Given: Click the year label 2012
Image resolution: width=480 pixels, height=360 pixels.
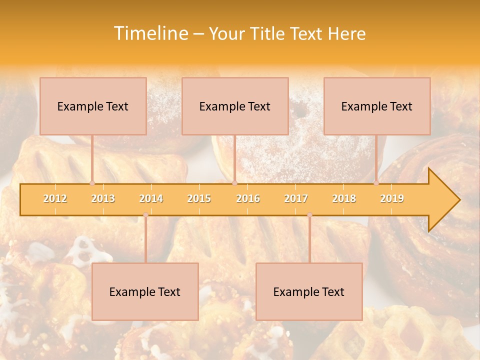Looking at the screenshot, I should (x=55, y=198).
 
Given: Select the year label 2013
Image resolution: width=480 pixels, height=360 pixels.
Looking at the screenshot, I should (x=103, y=198).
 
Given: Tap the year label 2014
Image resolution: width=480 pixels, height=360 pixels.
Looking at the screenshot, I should (x=151, y=198).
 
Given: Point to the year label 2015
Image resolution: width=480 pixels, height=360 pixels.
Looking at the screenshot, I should (x=199, y=198).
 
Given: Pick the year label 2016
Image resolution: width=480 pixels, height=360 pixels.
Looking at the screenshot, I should (x=248, y=198).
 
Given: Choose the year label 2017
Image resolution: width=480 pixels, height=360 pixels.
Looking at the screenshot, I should (x=296, y=198).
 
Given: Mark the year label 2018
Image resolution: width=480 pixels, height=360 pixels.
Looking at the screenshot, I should (x=344, y=198).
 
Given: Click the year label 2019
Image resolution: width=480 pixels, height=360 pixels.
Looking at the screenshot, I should (x=392, y=198).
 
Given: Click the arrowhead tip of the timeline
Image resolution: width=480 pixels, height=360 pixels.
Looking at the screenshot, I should (x=458, y=200).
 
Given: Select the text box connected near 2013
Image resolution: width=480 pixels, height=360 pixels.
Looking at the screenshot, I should (x=93, y=106).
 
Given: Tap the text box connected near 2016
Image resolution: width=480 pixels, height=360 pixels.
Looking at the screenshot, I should (x=235, y=106).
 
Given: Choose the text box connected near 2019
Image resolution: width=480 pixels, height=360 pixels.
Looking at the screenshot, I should (x=377, y=106).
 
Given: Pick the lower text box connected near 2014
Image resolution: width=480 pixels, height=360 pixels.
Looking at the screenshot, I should (x=145, y=291).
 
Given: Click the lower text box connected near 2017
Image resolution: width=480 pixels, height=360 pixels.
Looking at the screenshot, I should (x=309, y=291).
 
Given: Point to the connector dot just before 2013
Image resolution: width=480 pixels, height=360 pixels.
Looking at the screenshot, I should (x=92, y=183).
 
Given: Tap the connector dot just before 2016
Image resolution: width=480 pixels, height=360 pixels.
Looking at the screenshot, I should (x=234, y=183).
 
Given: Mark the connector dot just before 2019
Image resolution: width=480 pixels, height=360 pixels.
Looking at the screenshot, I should (x=376, y=183).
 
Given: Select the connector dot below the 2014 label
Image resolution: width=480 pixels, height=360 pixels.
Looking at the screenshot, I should (x=145, y=215).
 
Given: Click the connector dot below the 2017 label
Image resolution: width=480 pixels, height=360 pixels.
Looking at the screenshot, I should (x=309, y=215).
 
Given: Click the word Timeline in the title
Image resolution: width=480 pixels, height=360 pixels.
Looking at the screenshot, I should (x=150, y=33).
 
